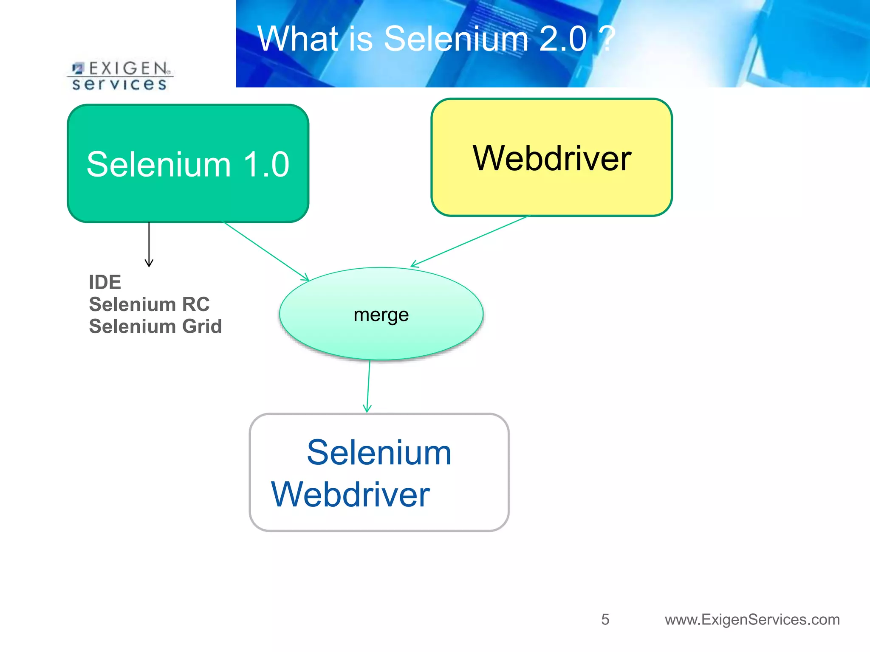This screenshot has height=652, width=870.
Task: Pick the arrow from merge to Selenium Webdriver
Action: coord(368,386)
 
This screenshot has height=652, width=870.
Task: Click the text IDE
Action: coord(105,282)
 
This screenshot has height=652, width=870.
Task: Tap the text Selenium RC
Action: coord(149,304)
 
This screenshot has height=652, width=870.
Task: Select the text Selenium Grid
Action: coord(155,326)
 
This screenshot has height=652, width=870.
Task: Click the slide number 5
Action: coord(605,619)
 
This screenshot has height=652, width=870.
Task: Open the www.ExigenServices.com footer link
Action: coord(752,619)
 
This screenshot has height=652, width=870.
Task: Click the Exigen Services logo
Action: coord(120,76)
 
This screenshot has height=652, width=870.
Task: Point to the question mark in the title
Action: coord(606,39)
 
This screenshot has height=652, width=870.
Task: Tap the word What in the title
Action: coord(298,39)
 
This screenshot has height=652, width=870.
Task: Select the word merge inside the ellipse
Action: coord(381,315)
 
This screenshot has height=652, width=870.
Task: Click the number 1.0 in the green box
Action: coord(266,164)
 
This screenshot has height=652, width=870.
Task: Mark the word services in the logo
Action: coord(119,84)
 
